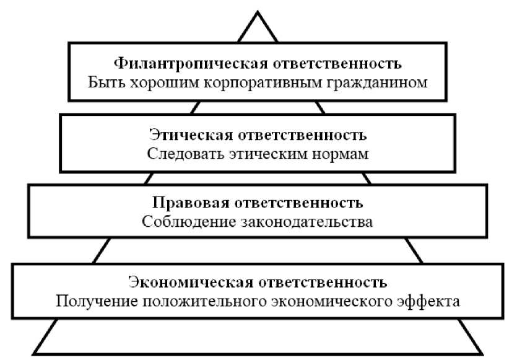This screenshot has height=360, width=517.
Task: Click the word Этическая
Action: pyautogui.click(x=189, y=134)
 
